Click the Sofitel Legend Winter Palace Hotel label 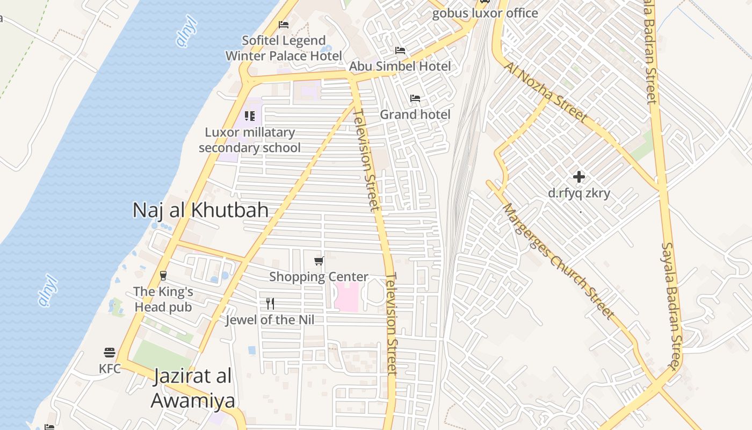[284, 48]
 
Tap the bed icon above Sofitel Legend [284, 25]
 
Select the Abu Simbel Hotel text [400, 66]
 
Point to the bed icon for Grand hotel [415, 98]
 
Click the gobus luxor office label [485, 13]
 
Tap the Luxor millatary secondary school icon [250, 116]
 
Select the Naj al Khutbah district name [200, 210]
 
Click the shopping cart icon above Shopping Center [319, 261]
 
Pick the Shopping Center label [319, 277]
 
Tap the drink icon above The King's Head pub [163, 276]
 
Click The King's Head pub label [163, 299]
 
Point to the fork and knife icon [270, 304]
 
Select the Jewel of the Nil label [270, 320]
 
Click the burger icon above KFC [110, 353]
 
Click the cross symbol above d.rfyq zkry [579, 177]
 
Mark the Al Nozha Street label [546, 91]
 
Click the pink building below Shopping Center [346, 296]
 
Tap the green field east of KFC [161, 355]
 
